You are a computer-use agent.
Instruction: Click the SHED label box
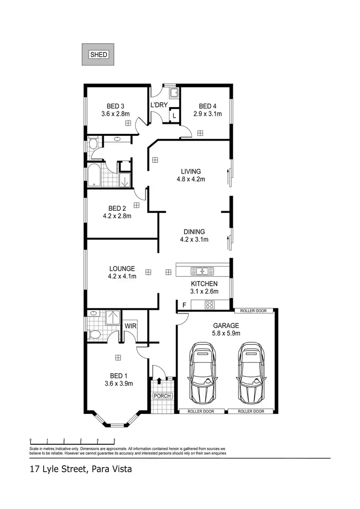99,55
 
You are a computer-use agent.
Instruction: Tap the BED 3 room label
116,107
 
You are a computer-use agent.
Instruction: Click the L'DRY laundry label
158,105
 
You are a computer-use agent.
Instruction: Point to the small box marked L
174,116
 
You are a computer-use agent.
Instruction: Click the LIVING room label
191,171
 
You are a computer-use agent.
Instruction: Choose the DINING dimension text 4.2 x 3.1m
194,240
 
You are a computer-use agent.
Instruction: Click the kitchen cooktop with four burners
210,304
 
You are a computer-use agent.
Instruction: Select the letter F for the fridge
183,304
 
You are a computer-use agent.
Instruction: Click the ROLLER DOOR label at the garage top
253,311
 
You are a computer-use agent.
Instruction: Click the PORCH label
158,396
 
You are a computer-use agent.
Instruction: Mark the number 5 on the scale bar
114,440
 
